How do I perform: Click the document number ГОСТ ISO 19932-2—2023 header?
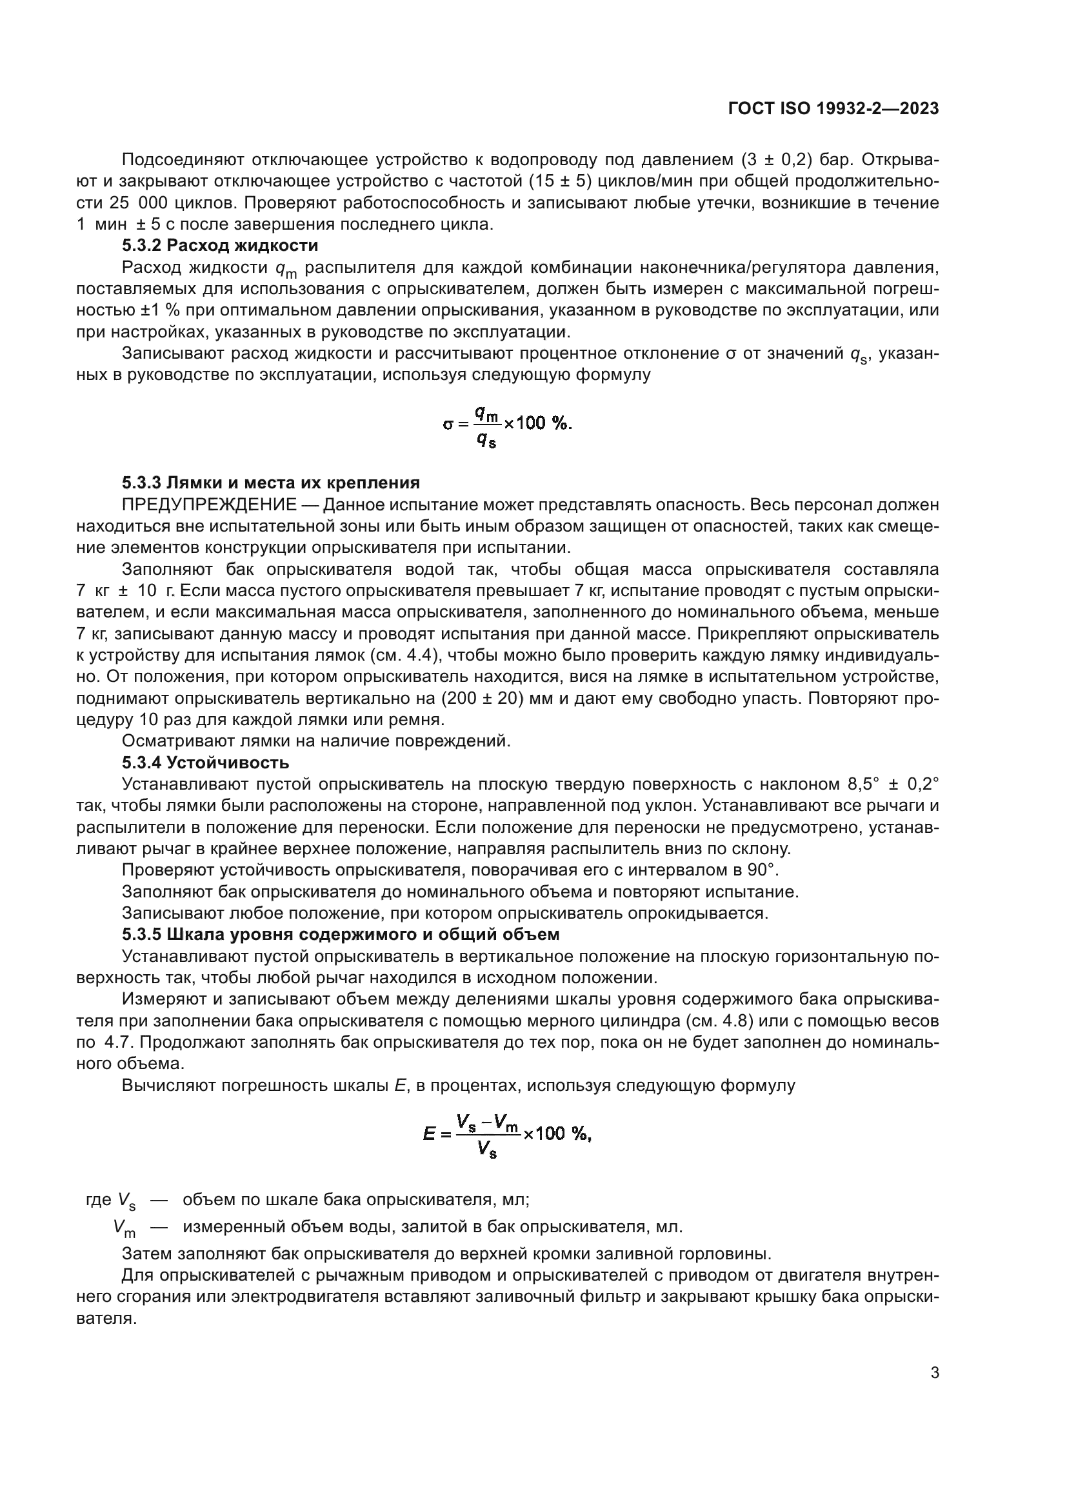click(833, 109)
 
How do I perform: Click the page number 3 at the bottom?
click(934, 1373)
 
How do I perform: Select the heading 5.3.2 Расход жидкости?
click(220, 246)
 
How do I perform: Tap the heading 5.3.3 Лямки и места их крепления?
click(271, 483)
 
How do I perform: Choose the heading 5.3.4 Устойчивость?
click(205, 763)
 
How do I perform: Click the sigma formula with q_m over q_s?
click(506, 424)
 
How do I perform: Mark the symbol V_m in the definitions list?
click(123, 1227)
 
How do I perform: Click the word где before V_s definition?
click(99, 1199)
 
